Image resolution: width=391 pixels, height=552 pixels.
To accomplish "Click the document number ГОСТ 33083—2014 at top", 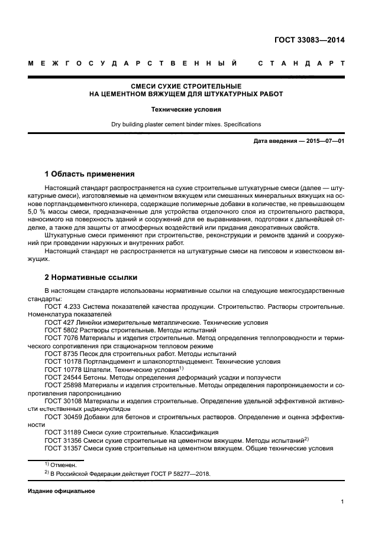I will point(309,40).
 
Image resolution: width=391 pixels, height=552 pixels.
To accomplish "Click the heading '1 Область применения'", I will point(89,174).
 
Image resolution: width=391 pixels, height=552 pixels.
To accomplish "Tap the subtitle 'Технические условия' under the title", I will point(186,109).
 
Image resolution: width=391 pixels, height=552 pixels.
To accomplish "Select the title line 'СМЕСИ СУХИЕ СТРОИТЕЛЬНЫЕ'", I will point(186,86).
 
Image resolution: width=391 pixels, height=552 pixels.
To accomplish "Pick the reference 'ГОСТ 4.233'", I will point(62,307).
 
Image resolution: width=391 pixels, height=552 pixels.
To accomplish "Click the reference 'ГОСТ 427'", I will point(58,323).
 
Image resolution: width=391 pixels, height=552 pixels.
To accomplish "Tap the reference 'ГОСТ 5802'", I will point(60,331).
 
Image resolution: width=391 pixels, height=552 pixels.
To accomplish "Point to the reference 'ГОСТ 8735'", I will point(60,354).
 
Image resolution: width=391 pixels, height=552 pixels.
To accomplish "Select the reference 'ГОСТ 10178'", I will point(62,361).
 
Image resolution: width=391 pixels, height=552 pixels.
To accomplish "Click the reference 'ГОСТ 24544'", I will point(62,377).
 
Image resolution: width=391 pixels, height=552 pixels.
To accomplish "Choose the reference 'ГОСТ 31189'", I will point(62,432).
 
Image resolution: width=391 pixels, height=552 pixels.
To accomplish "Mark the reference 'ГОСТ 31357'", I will point(62,448).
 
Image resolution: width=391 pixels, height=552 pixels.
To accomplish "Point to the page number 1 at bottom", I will point(342,502).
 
